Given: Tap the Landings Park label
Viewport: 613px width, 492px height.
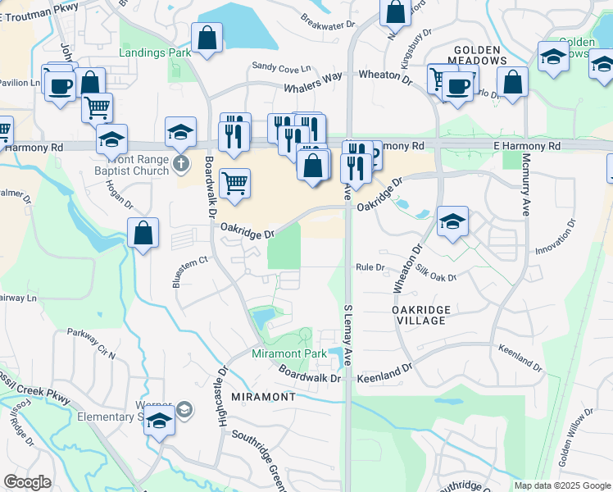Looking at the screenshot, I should pos(155,53).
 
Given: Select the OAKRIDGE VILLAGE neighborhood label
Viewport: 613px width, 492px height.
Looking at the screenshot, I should pos(419,314).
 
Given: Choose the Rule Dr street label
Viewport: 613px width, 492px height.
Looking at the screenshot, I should pos(370,266).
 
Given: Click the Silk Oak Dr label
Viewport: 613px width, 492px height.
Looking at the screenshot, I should pos(436,273).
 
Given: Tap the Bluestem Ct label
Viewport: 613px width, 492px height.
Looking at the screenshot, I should pos(192,262).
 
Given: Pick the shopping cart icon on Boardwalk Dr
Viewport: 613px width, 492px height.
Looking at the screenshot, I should pos(235,183).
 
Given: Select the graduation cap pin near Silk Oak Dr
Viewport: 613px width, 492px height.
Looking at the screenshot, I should pos(452,221).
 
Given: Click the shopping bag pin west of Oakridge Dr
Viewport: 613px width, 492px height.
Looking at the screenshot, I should pos(143,232).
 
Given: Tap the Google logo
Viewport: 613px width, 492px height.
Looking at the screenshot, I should pos(27,482).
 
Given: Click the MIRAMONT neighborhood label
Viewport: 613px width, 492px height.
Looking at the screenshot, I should pos(263,397).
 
